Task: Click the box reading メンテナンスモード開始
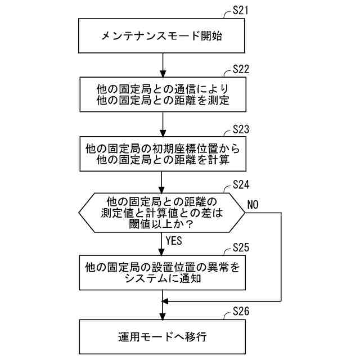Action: [x=162, y=37]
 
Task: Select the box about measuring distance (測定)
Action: [x=162, y=95]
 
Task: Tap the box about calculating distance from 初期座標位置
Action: [x=162, y=154]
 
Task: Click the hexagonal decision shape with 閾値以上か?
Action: [x=162, y=214]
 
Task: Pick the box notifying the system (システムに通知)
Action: [x=162, y=272]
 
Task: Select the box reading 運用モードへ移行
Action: [x=162, y=337]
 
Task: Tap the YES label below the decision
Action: [x=174, y=241]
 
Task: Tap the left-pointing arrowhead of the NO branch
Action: [x=166, y=302]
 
